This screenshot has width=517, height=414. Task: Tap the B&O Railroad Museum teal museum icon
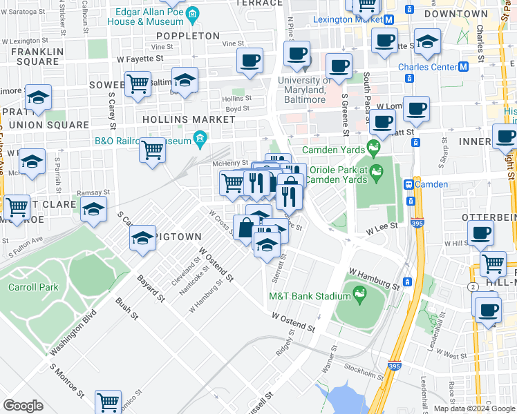(x=200, y=140)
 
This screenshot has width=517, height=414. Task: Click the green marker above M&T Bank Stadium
(x=359, y=295)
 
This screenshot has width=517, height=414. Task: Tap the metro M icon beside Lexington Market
(x=390, y=19)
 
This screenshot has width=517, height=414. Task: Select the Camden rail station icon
(x=409, y=184)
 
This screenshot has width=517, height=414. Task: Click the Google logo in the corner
(x=23, y=405)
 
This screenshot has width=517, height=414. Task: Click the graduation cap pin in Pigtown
(x=142, y=237)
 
